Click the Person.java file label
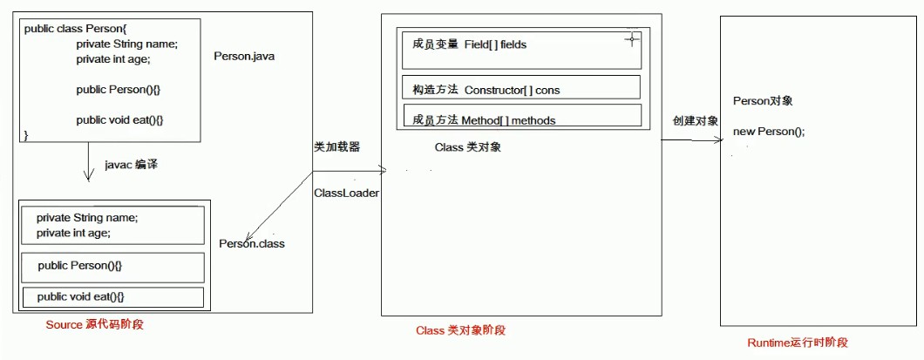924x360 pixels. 245,57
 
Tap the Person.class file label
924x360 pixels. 252,243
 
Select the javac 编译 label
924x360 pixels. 131,165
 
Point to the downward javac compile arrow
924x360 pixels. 88,161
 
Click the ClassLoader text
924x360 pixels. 346,193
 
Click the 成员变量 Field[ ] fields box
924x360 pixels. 521,51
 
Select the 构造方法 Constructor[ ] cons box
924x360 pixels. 521,87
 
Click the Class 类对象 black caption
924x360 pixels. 468,147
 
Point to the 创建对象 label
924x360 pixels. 696,121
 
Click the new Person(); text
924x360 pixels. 769,132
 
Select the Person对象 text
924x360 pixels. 763,101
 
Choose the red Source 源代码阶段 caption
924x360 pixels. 94,324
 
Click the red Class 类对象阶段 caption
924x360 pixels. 460,330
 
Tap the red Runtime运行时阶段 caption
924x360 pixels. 798,343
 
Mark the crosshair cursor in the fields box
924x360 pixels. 632,39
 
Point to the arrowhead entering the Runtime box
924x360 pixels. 719,140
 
